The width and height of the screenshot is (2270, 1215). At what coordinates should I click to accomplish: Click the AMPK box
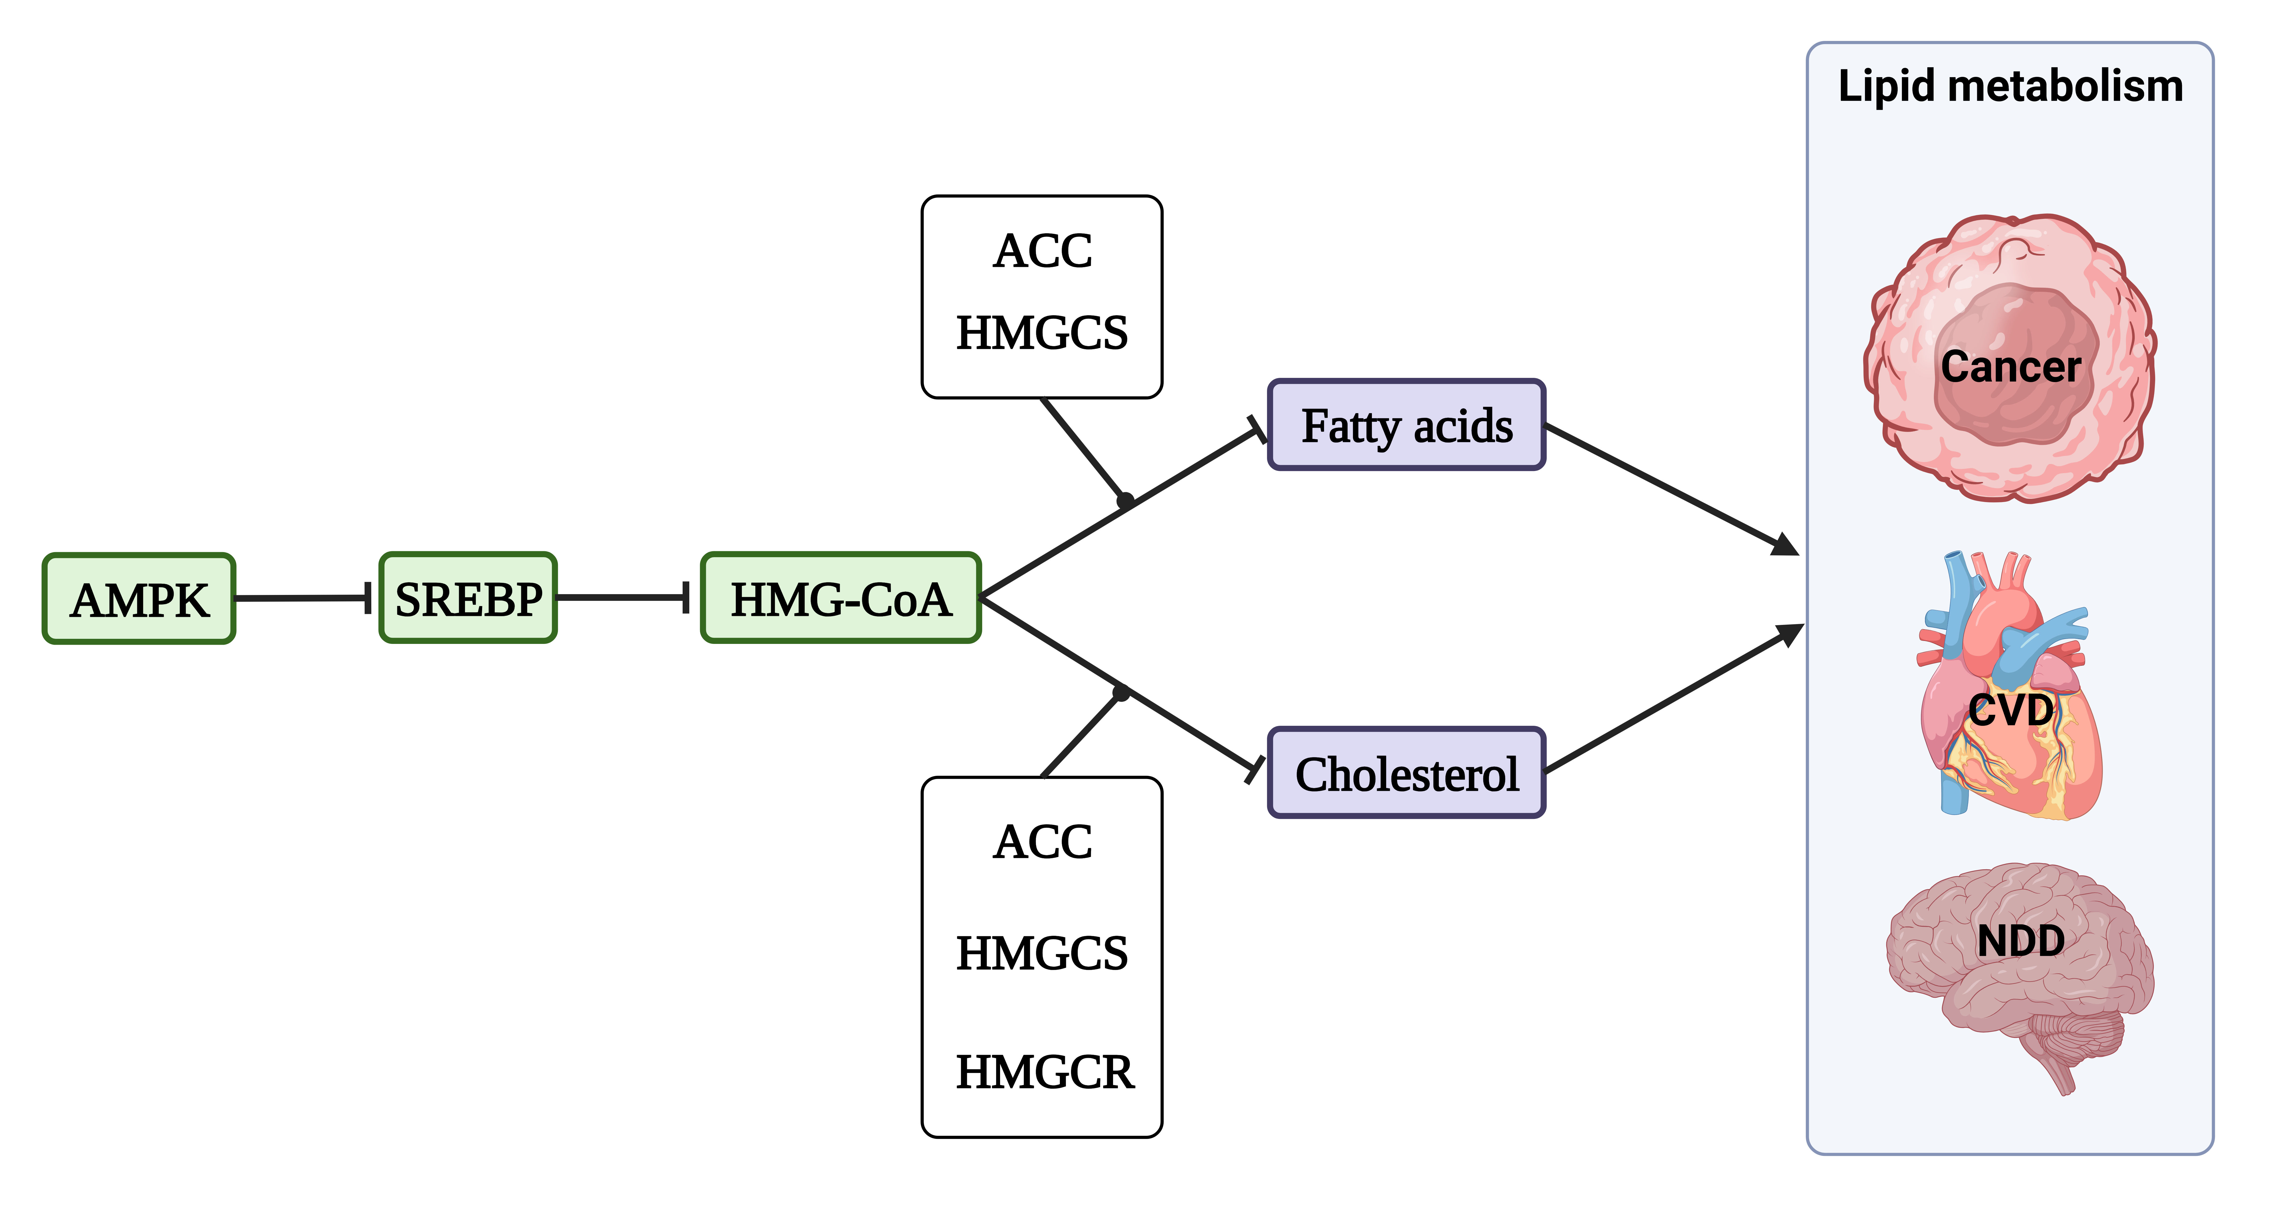pyautogui.click(x=139, y=599)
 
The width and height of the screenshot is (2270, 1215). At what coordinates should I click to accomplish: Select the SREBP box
pyautogui.click(x=468, y=598)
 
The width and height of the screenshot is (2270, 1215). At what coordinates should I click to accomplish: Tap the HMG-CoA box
pyautogui.click(x=841, y=598)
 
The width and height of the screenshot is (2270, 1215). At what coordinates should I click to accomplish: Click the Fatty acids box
pyautogui.click(x=1406, y=426)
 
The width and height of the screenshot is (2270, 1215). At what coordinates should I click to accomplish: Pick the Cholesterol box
pyautogui.click(x=1406, y=774)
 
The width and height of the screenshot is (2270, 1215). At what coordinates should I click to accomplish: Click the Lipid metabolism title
pyautogui.click(x=2010, y=86)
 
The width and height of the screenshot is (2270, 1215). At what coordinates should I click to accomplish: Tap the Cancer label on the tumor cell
pyautogui.click(x=2010, y=367)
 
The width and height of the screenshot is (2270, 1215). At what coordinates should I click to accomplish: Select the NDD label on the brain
pyautogui.click(x=2021, y=941)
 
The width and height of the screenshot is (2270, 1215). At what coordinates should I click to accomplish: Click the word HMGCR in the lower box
pyautogui.click(x=1044, y=1072)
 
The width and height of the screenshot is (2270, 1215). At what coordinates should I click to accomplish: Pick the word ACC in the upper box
pyautogui.click(x=1042, y=251)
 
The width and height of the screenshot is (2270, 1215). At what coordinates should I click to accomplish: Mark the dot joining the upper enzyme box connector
pyautogui.click(x=1125, y=500)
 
